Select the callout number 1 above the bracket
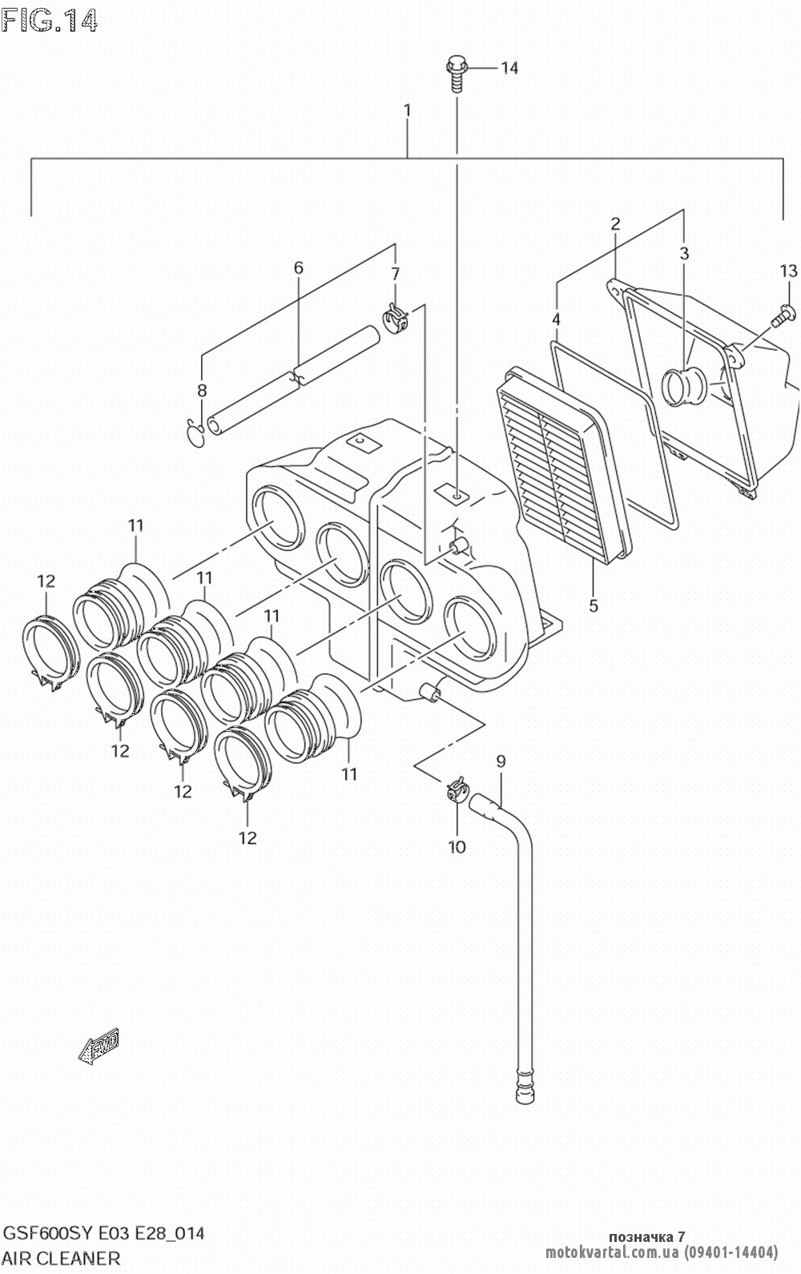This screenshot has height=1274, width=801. [407, 110]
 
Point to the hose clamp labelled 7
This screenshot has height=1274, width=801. [395, 318]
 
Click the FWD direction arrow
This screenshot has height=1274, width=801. [99, 1045]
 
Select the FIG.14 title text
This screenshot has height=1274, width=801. [50, 21]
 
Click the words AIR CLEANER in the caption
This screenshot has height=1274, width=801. [62, 1258]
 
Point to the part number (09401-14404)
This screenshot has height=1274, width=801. [731, 1252]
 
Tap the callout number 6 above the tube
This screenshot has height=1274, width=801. [298, 267]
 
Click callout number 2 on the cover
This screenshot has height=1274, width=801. [615, 223]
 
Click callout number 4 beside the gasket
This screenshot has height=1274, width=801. [556, 320]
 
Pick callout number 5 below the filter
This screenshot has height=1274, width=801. [594, 605]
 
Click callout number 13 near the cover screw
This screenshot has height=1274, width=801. [788, 271]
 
